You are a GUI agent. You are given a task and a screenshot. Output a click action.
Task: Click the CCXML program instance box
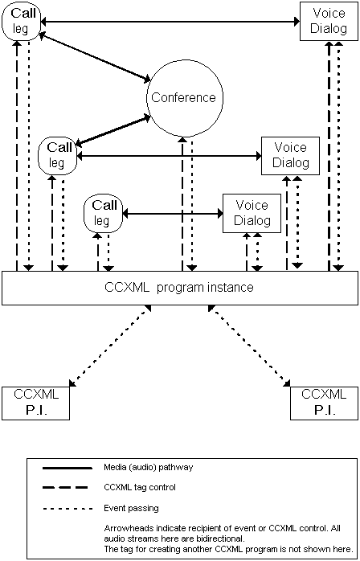179,288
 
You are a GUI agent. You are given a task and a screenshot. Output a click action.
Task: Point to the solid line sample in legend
65,467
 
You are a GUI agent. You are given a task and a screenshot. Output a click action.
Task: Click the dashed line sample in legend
65,487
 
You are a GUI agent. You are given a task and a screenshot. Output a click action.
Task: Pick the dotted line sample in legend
65,508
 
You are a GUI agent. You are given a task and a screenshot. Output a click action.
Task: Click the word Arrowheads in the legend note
123,528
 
